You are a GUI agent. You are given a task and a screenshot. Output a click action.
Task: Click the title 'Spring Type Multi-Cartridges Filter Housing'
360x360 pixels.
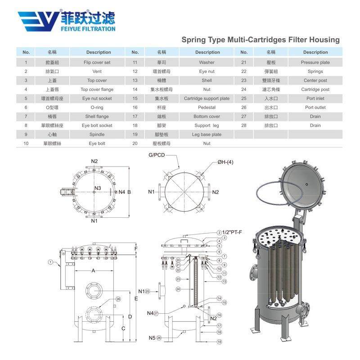[260, 40]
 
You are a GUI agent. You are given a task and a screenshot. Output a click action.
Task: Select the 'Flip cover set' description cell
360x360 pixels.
[97, 63]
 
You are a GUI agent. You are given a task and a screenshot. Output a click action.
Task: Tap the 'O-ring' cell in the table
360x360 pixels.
[97, 108]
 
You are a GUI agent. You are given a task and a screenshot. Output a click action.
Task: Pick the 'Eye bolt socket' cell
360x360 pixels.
[97, 126]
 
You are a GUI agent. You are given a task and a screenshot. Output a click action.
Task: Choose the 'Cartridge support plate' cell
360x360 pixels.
[207, 99]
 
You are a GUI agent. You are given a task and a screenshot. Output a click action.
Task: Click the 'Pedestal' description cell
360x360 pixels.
[207, 108]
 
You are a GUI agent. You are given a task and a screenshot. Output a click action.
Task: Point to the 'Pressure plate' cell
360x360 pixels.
[315, 63]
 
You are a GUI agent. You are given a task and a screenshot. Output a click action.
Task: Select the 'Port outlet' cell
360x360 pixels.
[315, 108]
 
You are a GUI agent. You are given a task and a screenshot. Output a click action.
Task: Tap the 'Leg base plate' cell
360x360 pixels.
[207, 135]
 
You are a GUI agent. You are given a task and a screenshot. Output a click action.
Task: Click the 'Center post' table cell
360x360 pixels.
[315, 81]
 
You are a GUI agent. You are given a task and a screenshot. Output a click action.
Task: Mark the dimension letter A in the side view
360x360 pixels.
[94, 271]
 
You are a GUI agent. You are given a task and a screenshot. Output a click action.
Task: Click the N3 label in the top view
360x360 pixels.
[98, 188]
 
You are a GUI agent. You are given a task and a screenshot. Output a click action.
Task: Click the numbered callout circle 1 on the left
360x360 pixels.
[51, 261]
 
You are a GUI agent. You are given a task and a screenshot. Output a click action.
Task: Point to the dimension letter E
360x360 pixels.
[136, 299]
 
